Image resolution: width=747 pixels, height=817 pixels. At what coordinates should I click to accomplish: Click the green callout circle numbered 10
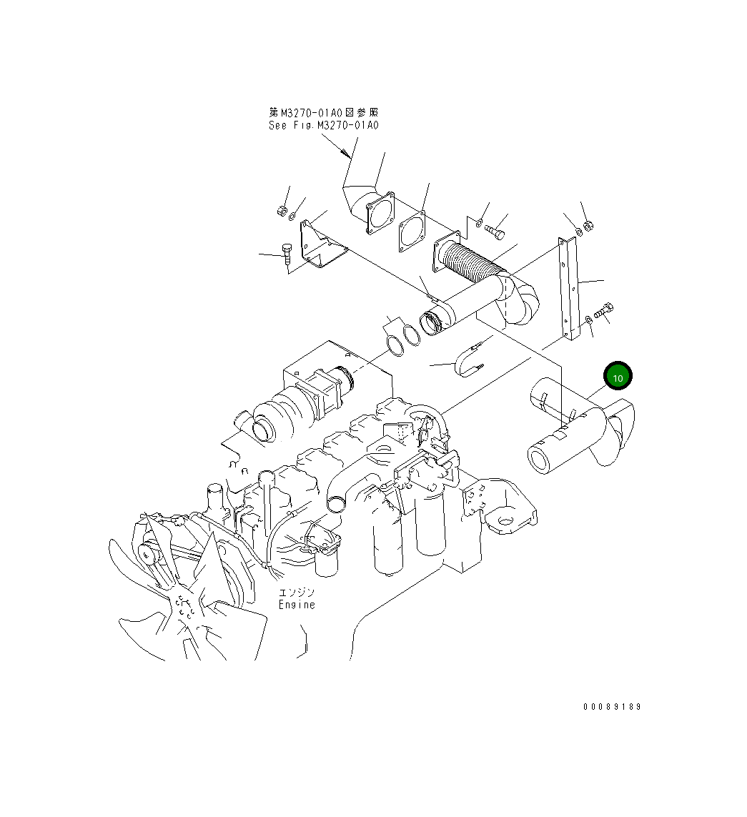point(618,377)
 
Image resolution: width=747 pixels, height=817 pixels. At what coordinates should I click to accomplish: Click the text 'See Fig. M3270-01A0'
point(323,125)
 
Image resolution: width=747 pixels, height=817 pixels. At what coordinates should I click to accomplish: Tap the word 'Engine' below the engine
point(297,605)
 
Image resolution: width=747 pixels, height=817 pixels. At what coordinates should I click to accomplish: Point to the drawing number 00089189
point(612,706)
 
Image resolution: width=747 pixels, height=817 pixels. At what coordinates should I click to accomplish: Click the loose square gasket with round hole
point(412,232)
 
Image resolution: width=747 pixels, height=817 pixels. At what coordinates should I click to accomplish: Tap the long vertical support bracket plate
point(570,289)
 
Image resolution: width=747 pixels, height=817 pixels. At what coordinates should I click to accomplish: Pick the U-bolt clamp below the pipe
point(468,357)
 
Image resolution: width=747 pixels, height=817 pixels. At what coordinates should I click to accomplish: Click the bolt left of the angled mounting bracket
point(287,254)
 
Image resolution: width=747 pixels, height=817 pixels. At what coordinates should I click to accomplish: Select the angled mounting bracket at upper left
point(321,247)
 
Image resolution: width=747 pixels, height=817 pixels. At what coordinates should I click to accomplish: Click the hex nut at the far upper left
point(281,211)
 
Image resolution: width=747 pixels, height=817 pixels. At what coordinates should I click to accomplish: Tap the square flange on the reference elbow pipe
point(380,212)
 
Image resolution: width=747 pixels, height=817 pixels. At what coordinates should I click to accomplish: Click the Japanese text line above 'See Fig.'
point(323,112)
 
